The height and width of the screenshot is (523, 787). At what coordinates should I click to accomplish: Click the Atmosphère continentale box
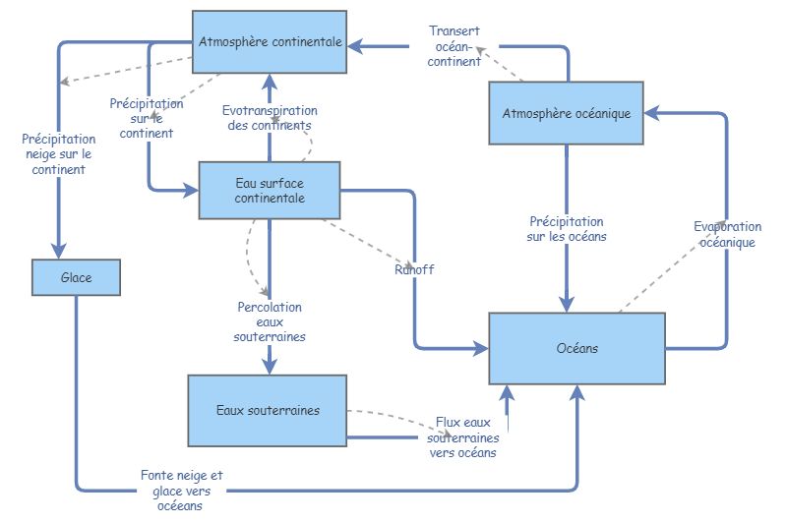tap(269, 42)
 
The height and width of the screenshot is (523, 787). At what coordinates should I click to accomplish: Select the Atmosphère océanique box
tap(566, 113)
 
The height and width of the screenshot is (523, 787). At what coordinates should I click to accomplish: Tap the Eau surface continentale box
tap(269, 190)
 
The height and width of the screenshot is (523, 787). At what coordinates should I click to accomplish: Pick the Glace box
tap(76, 277)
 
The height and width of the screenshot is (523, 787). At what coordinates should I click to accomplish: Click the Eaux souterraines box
tap(267, 410)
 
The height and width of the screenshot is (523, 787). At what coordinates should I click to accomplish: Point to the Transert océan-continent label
tap(454, 45)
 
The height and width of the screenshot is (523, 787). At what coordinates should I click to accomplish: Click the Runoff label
tap(413, 269)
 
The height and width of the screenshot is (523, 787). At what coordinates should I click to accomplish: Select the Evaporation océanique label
tap(727, 234)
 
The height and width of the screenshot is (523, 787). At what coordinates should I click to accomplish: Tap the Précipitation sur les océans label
tap(566, 229)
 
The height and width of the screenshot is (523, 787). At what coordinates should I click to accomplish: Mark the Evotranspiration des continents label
tap(269, 118)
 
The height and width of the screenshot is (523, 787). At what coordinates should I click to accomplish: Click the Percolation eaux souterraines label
tap(270, 321)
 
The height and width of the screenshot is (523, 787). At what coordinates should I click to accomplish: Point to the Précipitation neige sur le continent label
tap(58, 154)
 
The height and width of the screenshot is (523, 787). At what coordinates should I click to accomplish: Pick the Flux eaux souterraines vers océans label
tap(462, 437)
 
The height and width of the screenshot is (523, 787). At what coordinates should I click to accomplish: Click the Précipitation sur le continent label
tap(146, 118)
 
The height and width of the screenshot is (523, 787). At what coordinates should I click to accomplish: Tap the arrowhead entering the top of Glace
tap(59, 252)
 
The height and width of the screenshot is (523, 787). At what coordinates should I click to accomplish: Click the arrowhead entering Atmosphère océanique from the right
tap(651, 113)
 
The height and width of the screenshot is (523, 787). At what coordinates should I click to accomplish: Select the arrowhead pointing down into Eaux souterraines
tap(269, 366)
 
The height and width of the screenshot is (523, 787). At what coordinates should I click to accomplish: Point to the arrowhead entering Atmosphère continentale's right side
tap(356, 44)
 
